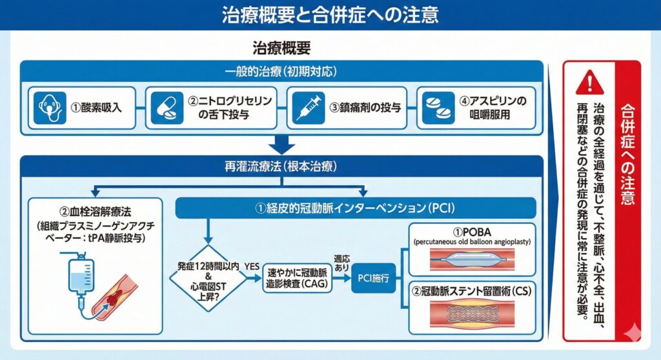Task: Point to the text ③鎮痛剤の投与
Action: [365, 107]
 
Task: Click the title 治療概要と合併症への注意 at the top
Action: [330, 15]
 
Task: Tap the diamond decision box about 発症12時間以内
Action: [208, 279]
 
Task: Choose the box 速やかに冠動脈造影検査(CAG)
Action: [299, 279]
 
